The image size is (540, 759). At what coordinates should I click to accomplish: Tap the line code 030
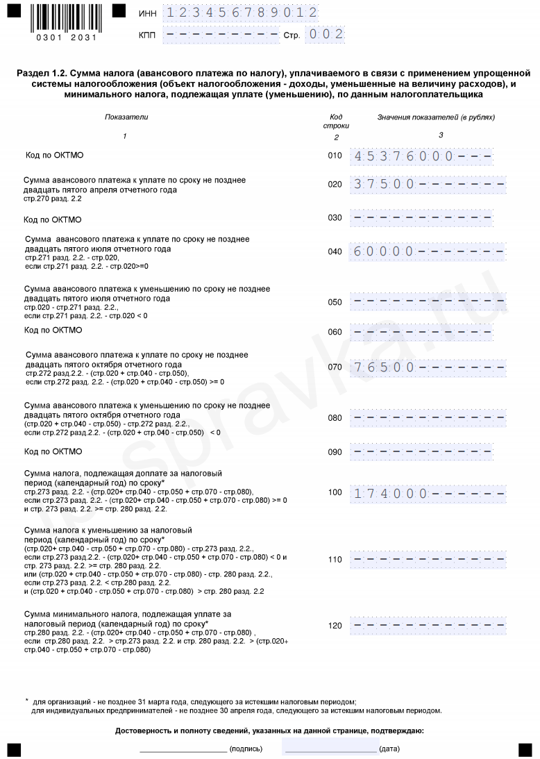coord(335,217)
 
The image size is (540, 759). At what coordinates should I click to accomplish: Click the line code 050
coord(335,302)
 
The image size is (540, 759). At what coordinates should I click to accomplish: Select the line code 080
coord(335,418)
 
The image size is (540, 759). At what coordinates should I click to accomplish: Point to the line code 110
coord(335,559)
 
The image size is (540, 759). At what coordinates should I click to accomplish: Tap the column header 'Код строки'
coord(336,121)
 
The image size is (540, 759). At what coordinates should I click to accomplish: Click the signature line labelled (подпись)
coord(183,748)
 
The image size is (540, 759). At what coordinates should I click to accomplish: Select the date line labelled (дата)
coord(330,748)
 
